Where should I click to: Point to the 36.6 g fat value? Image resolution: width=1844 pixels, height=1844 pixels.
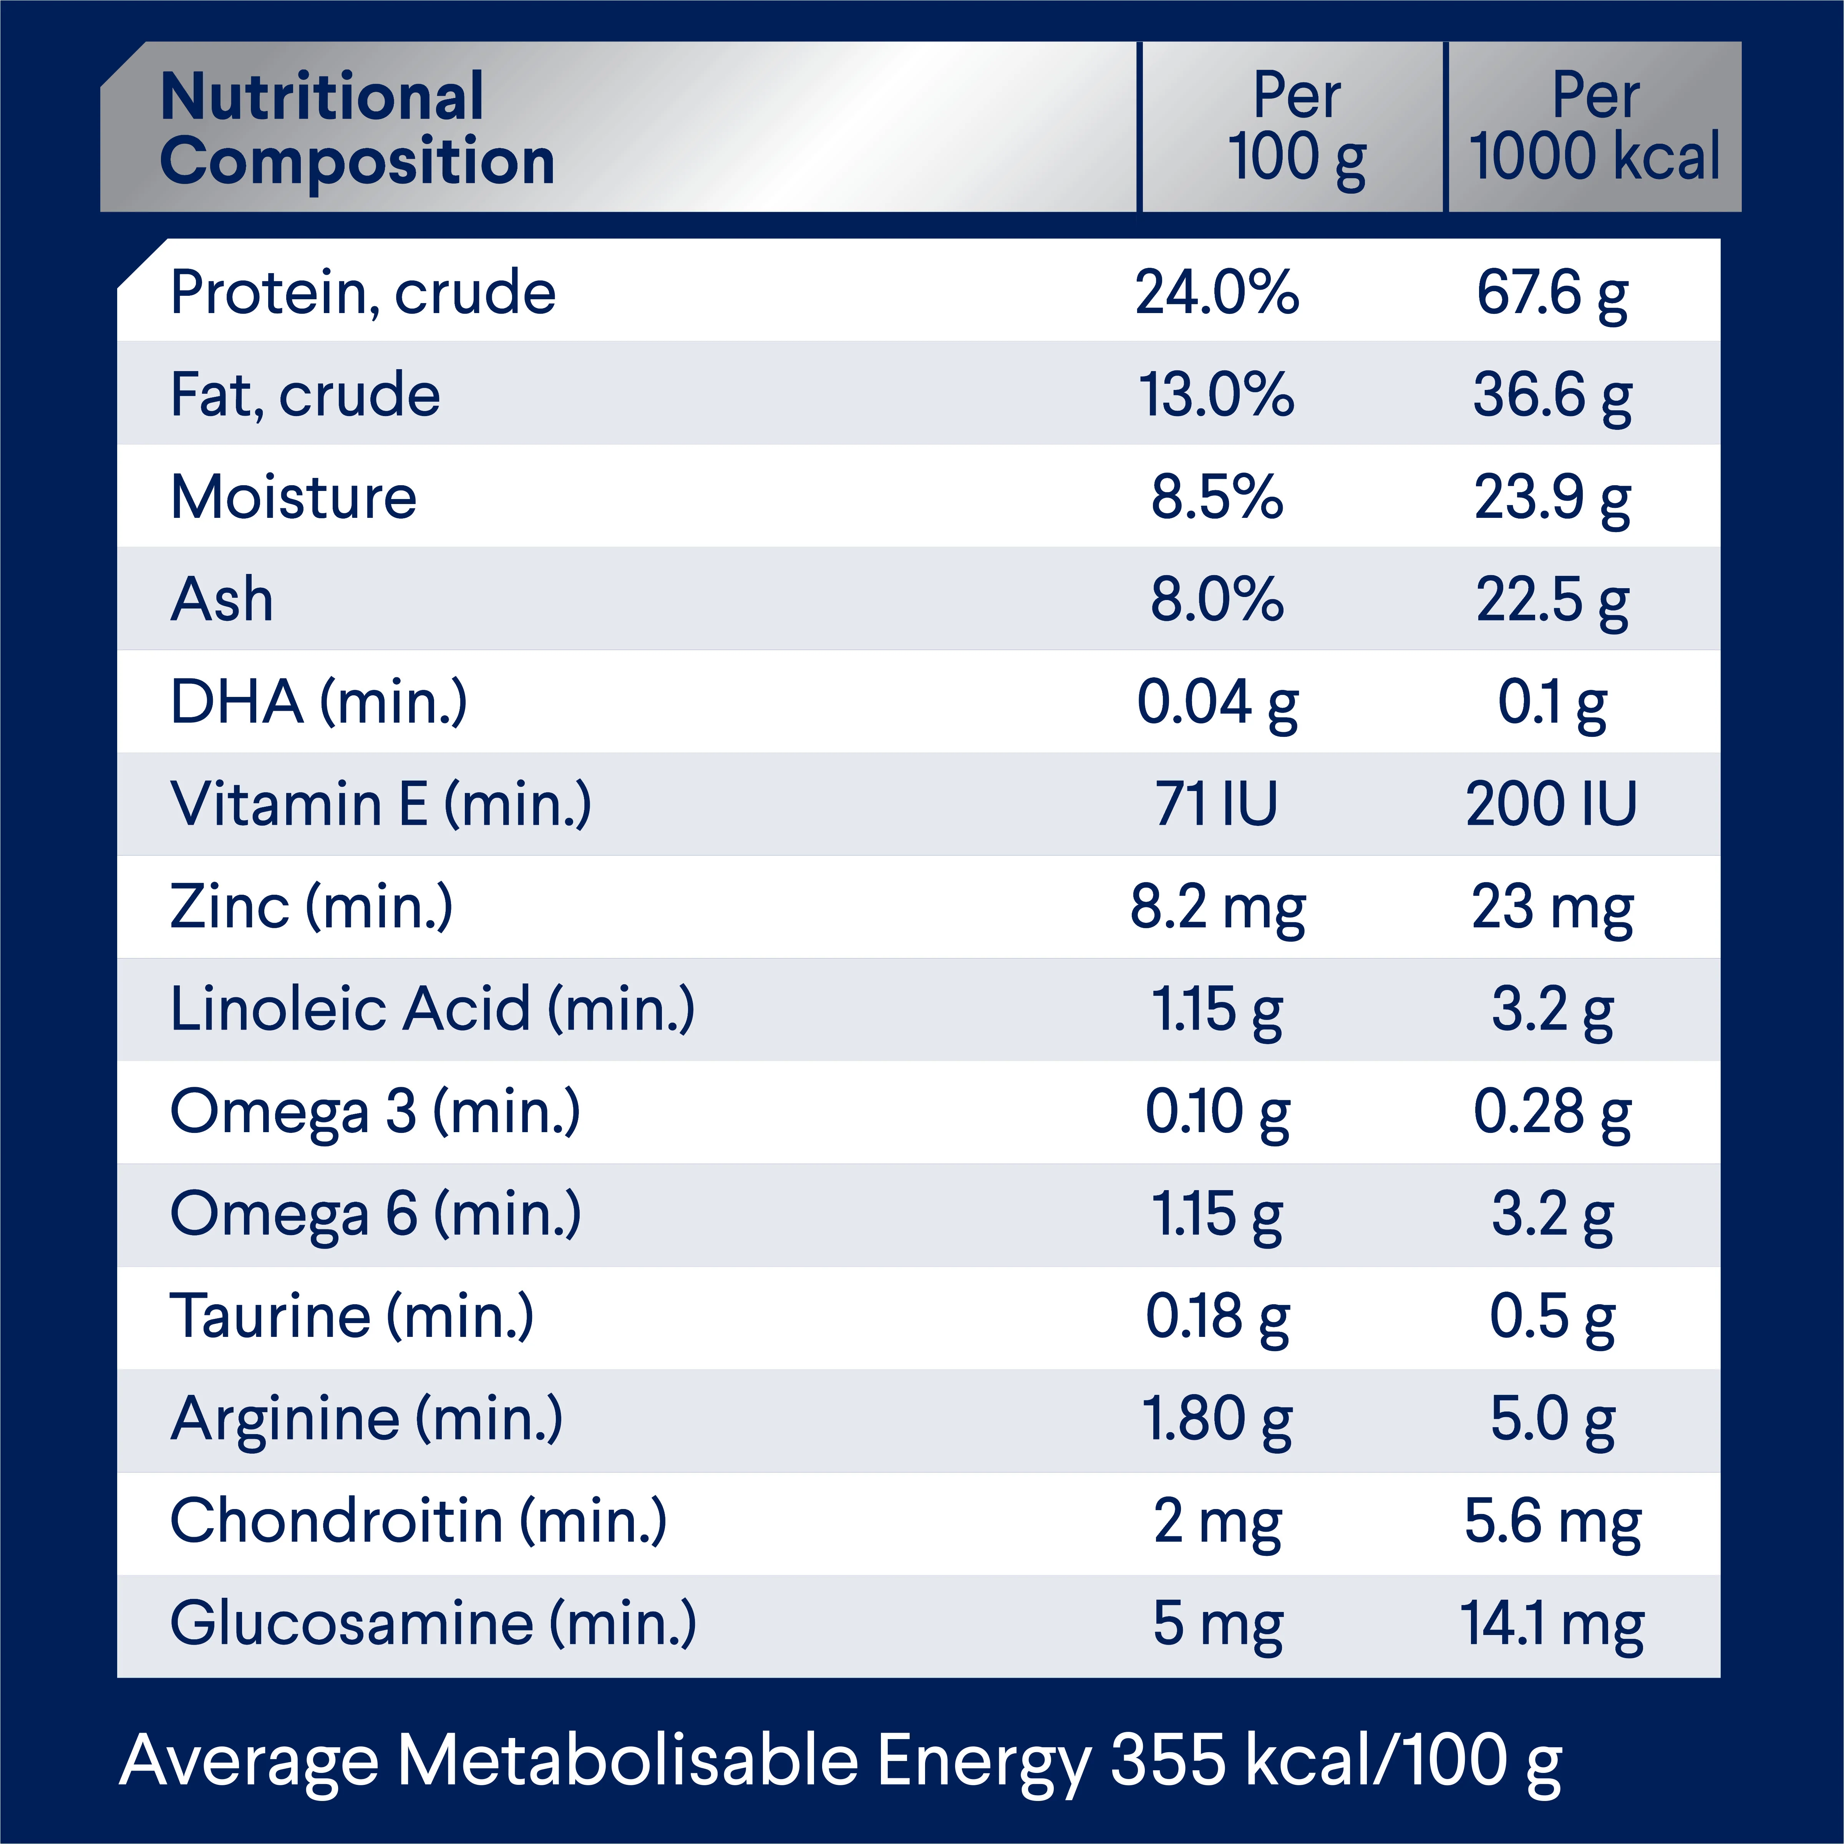(1552, 395)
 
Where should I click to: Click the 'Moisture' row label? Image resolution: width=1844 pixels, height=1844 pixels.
(294, 497)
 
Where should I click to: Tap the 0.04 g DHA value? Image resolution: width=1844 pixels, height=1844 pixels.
(1217, 703)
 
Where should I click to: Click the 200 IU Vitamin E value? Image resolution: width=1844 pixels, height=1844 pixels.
(1552, 804)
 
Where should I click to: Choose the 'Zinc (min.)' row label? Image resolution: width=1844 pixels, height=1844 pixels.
(311, 907)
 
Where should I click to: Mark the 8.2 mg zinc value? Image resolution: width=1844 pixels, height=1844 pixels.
(1217, 907)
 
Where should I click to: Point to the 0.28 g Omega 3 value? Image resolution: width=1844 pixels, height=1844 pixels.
(1552, 1112)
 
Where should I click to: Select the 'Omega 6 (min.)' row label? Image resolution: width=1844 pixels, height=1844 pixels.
(375, 1214)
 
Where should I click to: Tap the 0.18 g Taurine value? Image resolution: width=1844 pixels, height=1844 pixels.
(1217, 1316)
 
